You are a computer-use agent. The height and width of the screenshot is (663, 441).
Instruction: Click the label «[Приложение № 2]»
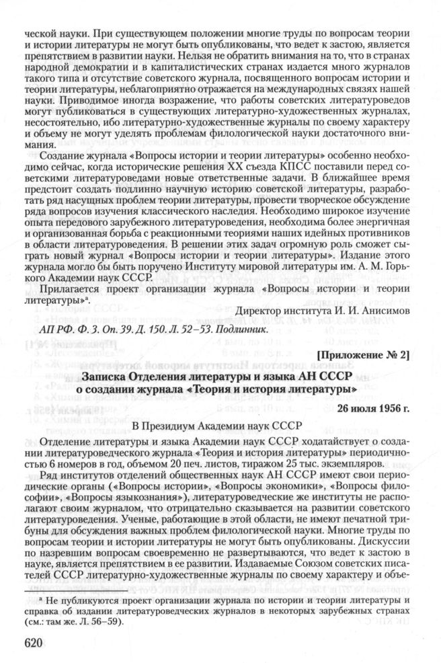pyautogui.click(x=369, y=354)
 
